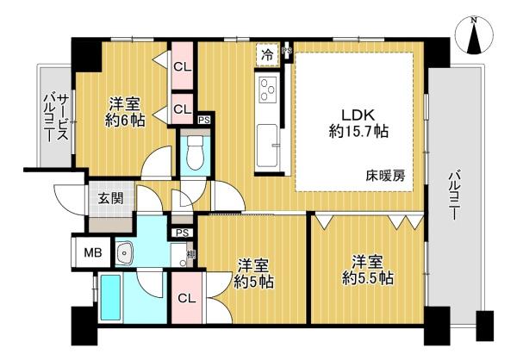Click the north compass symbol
pyautogui.click(x=474, y=35)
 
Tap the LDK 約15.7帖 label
pyautogui.click(x=358, y=124)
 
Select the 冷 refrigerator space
pyautogui.click(x=267, y=55)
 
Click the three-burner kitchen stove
pyautogui.click(x=267, y=89)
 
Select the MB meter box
pyautogui.click(x=93, y=253)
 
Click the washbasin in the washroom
pyautogui.click(x=124, y=253)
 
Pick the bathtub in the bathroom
pyautogui.click(x=110, y=298)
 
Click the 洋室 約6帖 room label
pyautogui.click(x=125, y=112)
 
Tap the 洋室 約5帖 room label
pyautogui.click(x=254, y=273)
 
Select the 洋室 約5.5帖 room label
pyautogui.click(x=368, y=270)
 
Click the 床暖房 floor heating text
pyautogui.click(x=385, y=177)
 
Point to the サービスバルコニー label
pyautogui.click(x=56, y=118)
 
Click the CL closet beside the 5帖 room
pyautogui.click(x=187, y=299)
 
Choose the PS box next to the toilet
pyautogui.click(x=204, y=120)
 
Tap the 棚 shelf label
pyautogui.click(x=190, y=254)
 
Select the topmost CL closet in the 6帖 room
pyautogui.click(x=183, y=67)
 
